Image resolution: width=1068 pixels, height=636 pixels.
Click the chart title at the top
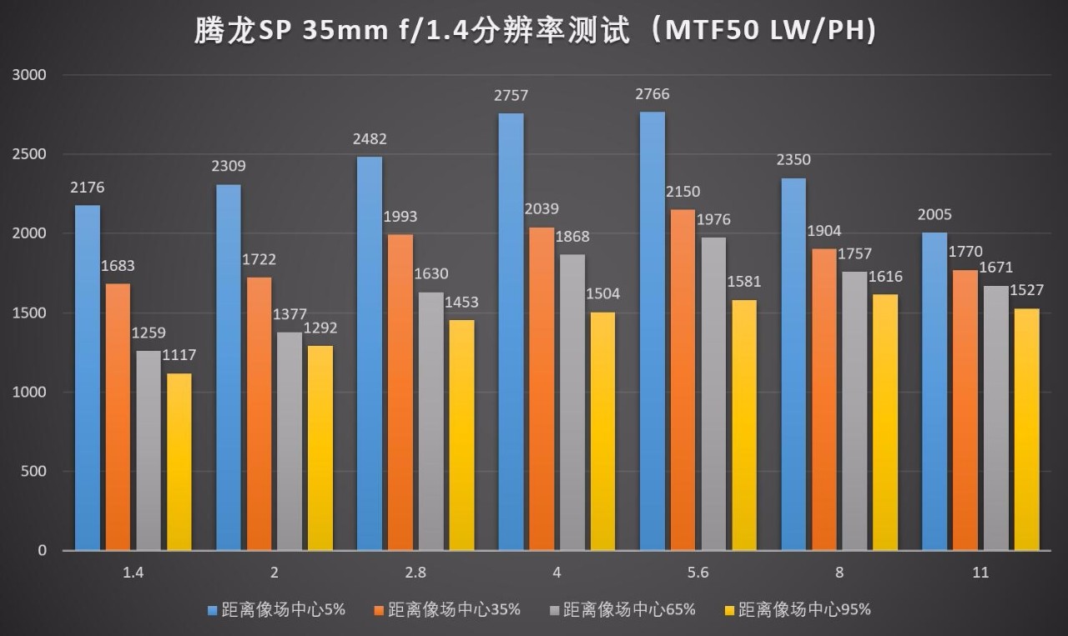pyautogui.click(x=534, y=31)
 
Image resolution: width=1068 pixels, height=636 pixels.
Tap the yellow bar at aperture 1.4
pyautogui.click(x=179, y=462)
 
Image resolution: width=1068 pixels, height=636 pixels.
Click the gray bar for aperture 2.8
pyautogui.click(x=431, y=421)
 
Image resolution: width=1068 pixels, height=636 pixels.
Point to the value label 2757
pyautogui.click(x=511, y=96)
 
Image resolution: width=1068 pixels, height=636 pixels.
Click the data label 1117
pyautogui.click(x=179, y=356)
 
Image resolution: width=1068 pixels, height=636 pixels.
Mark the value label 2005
pyautogui.click(x=934, y=215)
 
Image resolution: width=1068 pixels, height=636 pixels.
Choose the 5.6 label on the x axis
pyautogui.click(x=698, y=573)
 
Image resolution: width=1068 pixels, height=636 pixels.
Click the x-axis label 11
pyautogui.click(x=980, y=573)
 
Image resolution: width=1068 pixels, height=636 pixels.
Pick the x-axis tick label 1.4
pyautogui.click(x=133, y=573)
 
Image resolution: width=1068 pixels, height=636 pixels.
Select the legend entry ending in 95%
pyautogui.click(x=804, y=610)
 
